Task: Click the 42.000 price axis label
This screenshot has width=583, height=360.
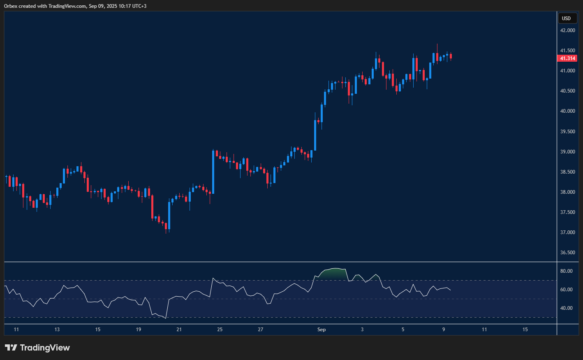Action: click(x=567, y=30)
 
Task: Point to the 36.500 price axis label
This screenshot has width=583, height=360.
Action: click(x=567, y=253)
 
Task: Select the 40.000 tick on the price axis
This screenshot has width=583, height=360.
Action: click(x=567, y=111)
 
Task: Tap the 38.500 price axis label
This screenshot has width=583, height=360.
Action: click(x=567, y=172)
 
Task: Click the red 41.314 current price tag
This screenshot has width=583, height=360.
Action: click(x=567, y=58)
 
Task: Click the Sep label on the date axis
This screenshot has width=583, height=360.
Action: click(x=322, y=330)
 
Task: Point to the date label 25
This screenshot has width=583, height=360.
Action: click(x=220, y=330)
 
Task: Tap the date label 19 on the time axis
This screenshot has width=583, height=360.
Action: click(x=139, y=330)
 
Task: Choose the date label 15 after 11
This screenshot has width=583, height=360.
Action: click(x=525, y=330)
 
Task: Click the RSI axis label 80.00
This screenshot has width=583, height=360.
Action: click(x=566, y=271)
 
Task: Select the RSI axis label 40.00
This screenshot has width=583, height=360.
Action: click(x=566, y=308)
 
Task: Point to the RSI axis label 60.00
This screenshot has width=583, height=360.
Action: click(x=566, y=290)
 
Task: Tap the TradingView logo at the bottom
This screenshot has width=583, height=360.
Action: click(x=37, y=348)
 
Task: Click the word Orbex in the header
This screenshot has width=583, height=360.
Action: click(x=11, y=6)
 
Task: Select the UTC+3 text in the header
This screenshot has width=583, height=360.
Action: click(x=139, y=6)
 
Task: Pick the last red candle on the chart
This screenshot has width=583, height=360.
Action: click(x=451, y=56)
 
